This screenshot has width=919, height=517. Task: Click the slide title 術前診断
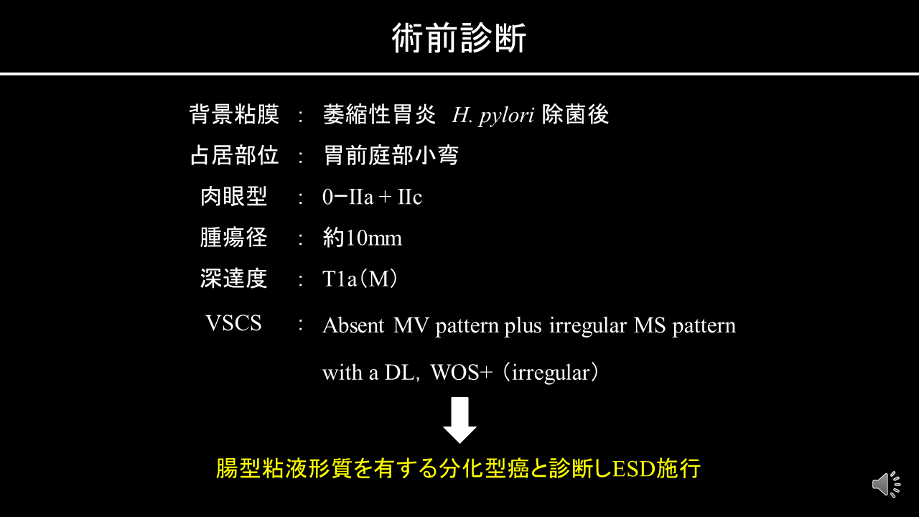459,38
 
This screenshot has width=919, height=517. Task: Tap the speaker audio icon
886,484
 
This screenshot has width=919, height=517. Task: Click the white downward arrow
459,420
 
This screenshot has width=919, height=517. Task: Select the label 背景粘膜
234,114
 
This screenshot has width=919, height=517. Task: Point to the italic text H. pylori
493,116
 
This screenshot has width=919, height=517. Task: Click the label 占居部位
234,156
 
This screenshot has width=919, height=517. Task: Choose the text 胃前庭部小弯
391,156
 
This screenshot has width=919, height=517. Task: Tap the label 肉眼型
234,197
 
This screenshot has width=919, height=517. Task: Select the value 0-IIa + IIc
372,197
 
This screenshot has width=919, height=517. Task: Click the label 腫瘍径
234,238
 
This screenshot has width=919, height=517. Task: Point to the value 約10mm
363,238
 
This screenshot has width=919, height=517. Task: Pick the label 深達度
234,279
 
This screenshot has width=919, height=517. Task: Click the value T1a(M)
360,279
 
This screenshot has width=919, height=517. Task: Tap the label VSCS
233,323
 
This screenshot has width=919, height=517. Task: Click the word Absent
353,325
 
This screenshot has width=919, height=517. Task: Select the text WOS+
461,373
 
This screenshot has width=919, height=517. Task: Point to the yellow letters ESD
634,469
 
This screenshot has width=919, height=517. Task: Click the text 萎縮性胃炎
379,114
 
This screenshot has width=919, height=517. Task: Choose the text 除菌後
575,114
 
